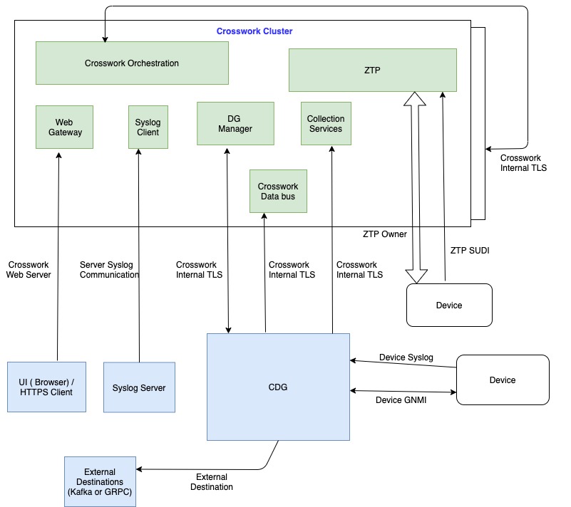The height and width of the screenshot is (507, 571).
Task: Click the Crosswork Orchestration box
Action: [x=132, y=63]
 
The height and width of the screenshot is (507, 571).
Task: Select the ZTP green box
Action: [x=372, y=70]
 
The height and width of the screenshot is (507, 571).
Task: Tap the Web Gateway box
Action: [x=64, y=127]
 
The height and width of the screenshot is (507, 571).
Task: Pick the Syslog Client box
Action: [x=148, y=127]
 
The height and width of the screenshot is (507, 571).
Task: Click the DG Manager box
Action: [x=235, y=123]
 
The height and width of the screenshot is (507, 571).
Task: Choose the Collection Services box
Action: [x=325, y=124]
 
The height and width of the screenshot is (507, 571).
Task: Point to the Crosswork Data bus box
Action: [x=278, y=191]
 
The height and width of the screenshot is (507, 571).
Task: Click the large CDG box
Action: [x=278, y=387]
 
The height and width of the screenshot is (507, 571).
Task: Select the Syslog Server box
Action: [x=139, y=387]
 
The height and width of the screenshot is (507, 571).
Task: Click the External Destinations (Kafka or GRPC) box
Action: [x=99, y=482]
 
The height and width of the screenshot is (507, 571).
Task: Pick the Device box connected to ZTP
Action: [x=448, y=305]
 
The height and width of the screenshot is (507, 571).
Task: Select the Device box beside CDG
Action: [x=502, y=380]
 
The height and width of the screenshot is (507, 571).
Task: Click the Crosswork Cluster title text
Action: [x=254, y=31]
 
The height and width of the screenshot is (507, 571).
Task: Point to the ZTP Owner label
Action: [x=384, y=234]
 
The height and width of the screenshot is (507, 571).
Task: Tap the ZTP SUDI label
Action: [x=470, y=251]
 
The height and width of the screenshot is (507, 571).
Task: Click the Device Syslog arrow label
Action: [x=406, y=357]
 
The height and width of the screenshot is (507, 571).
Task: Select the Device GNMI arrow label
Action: [x=403, y=399]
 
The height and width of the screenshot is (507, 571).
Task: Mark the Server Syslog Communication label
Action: [x=108, y=270]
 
